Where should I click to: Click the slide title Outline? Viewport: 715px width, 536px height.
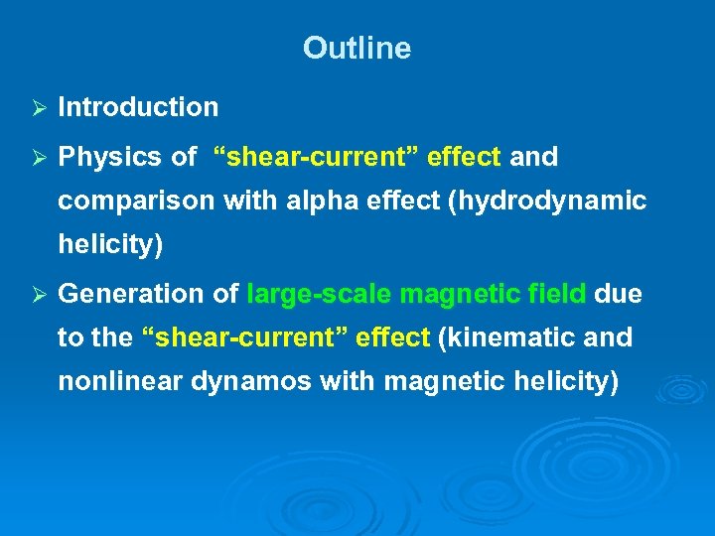click(357, 48)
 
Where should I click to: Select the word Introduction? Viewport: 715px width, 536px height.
click(138, 107)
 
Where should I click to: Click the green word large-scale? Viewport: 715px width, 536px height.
click(319, 295)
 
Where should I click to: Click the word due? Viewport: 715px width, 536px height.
click(618, 295)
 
